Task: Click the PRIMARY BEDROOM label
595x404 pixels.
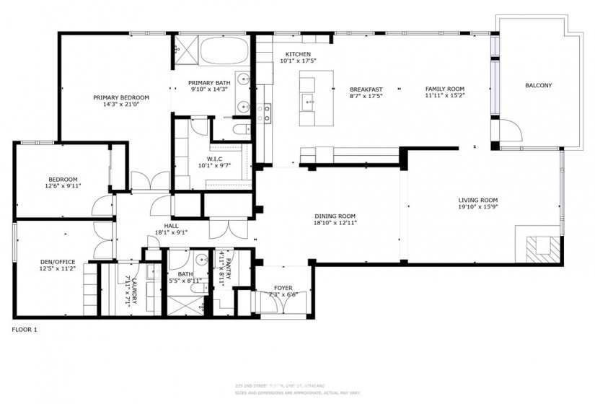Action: (x=120, y=97)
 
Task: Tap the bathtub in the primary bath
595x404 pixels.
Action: (x=224, y=53)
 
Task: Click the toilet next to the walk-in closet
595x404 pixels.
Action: (x=239, y=130)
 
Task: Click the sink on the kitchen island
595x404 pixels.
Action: (x=308, y=101)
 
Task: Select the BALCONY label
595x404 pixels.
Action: (x=538, y=85)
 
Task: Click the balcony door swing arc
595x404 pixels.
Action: (x=512, y=131)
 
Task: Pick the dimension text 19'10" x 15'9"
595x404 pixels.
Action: (x=478, y=208)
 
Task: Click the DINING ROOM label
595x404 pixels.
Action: (x=335, y=216)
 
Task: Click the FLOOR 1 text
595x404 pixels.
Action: (x=25, y=330)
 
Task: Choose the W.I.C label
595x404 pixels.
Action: (x=214, y=159)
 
